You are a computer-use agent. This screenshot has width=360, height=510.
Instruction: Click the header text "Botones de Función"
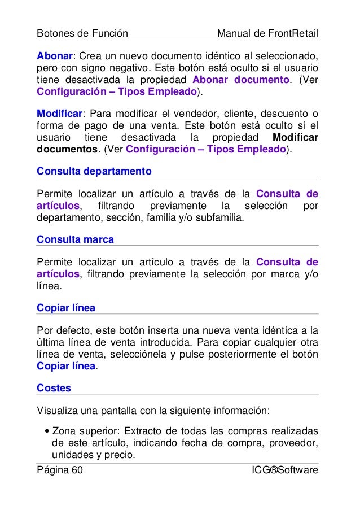(82, 34)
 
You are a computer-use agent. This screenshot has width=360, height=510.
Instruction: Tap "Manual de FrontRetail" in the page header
(267, 34)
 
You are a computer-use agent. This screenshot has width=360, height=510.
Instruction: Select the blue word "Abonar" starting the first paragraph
(55, 56)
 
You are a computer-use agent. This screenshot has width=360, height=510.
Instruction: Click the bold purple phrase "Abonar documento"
(241, 79)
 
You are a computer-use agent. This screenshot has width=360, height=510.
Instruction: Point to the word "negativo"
(127, 68)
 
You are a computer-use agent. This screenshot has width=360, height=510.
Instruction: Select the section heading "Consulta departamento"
(94, 170)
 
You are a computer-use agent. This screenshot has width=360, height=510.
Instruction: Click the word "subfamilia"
(223, 217)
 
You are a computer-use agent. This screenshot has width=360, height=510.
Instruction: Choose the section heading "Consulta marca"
(75, 239)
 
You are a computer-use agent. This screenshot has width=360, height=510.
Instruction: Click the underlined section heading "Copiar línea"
(66, 308)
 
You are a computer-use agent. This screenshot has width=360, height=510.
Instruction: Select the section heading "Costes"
(54, 389)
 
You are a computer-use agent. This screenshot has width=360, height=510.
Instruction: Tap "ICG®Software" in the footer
(286, 470)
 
